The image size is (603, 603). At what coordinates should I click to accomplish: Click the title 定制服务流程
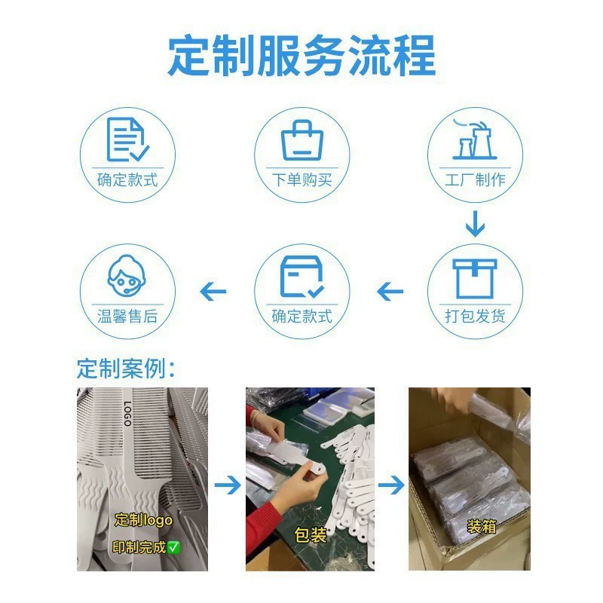tap(302, 55)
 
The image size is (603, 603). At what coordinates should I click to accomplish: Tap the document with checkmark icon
tap(127, 139)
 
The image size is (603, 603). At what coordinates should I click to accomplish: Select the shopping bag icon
tap(302, 140)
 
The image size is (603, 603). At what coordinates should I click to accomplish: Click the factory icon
tap(475, 139)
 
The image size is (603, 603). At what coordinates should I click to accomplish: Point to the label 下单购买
tap(302, 179)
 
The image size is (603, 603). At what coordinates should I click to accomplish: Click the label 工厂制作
tap(476, 179)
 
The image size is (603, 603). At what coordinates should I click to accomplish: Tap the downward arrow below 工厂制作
tap(475, 224)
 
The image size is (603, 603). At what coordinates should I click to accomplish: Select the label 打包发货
tap(476, 316)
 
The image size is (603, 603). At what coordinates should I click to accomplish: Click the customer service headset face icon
tap(127, 275)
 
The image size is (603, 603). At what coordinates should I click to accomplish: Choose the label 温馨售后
tap(127, 316)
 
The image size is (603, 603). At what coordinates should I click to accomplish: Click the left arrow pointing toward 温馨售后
tap(213, 292)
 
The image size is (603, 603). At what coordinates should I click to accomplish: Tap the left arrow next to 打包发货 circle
tap(390, 292)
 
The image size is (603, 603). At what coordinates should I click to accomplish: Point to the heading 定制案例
tap(126, 369)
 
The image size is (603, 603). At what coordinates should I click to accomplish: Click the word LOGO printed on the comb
tap(127, 413)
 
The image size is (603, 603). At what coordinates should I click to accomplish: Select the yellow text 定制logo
tap(143, 520)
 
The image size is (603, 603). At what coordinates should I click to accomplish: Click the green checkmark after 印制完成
tap(174, 547)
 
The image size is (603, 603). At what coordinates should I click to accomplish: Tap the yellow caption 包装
tap(311, 535)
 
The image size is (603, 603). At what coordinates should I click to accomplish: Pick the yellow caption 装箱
tap(482, 526)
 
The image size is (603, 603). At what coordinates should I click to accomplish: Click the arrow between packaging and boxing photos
tap(391, 485)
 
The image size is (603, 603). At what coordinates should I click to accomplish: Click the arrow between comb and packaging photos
tap(228, 485)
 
